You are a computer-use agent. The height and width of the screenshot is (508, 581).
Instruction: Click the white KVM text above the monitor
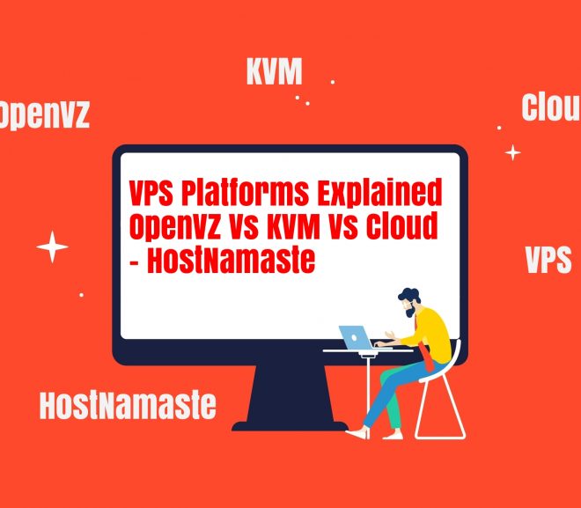click(x=274, y=71)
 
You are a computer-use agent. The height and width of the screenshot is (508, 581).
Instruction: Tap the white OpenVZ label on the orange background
click(x=44, y=114)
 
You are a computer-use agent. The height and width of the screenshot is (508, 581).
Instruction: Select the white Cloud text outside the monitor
click(x=551, y=107)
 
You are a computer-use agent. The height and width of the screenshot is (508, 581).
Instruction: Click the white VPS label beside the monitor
click(x=548, y=260)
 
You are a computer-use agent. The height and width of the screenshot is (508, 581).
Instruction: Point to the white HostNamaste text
click(x=128, y=405)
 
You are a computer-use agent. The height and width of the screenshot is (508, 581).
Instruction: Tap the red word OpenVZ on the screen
click(x=175, y=226)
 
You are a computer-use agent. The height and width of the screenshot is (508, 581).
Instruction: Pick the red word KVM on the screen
click(x=292, y=225)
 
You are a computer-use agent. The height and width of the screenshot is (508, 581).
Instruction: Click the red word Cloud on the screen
click(x=402, y=225)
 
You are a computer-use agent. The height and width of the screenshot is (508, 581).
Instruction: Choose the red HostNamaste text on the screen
click(x=232, y=260)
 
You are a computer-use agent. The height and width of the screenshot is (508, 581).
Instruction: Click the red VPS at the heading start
click(x=151, y=193)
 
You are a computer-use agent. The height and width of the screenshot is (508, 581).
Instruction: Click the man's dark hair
click(x=410, y=296)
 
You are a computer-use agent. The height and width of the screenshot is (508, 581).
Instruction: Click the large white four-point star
click(x=52, y=247)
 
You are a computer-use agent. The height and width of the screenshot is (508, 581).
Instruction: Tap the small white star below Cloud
click(x=513, y=152)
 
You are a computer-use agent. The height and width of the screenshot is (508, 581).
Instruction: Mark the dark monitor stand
click(x=290, y=398)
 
